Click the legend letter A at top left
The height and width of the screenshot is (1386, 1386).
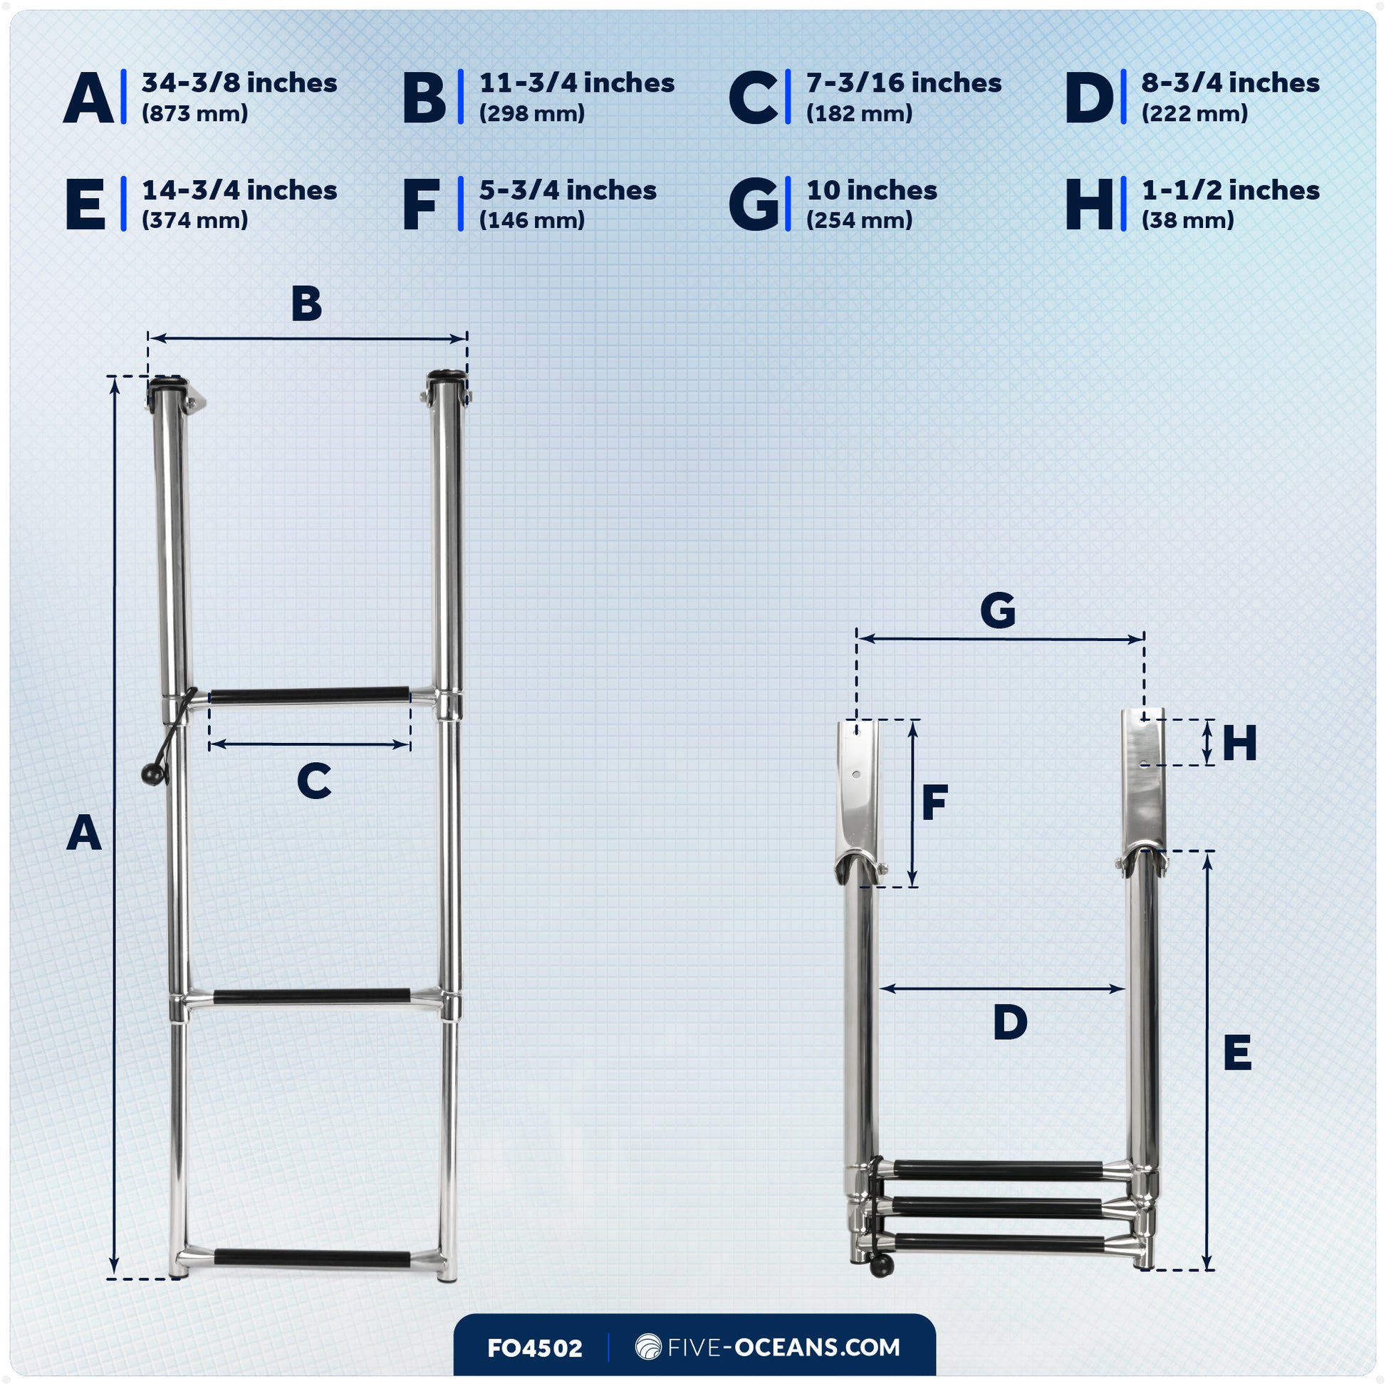[88, 98]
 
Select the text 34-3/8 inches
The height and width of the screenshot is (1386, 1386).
[239, 83]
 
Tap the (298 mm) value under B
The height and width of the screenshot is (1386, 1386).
[531, 113]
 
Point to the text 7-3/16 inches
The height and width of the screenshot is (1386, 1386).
[903, 83]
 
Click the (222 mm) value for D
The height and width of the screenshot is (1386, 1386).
[1194, 113]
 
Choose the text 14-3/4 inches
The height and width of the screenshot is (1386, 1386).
[239, 191]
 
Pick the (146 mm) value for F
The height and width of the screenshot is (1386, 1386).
[531, 220]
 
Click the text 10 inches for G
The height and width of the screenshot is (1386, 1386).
[871, 191]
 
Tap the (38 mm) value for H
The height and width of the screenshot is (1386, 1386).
[1187, 220]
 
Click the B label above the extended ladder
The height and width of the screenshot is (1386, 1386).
[306, 304]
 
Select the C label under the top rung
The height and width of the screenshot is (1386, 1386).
[313, 781]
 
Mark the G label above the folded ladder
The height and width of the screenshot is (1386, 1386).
[997, 610]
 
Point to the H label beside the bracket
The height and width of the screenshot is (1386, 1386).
[1239, 744]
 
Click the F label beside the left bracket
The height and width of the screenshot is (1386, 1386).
[934, 803]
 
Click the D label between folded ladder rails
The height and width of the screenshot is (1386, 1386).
[1009, 1022]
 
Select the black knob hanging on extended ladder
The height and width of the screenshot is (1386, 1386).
[152, 776]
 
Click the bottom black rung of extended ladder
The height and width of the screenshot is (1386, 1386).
[311, 1259]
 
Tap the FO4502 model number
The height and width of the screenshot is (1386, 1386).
[534, 1348]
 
